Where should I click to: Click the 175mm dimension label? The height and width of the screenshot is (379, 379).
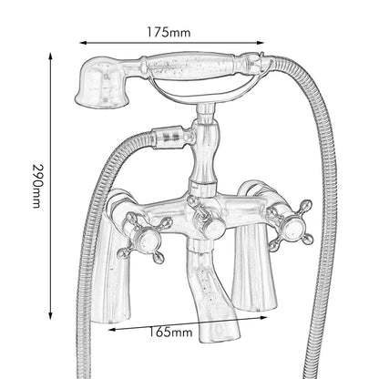tap(169, 32)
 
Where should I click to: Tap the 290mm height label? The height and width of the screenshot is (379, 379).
tap(37, 186)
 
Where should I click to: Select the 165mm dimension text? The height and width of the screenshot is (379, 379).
tap(170, 332)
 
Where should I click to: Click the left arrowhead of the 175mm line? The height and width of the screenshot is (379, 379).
tap(83, 43)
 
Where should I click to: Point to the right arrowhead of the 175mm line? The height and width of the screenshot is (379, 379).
tap(261, 43)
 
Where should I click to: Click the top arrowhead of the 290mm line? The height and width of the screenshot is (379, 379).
tap(51, 56)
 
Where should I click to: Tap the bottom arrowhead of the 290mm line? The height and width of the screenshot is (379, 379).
tap(51, 315)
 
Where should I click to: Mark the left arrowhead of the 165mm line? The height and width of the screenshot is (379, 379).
tap(112, 329)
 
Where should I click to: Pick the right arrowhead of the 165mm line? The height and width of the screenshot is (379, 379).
tap(263, 318)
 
